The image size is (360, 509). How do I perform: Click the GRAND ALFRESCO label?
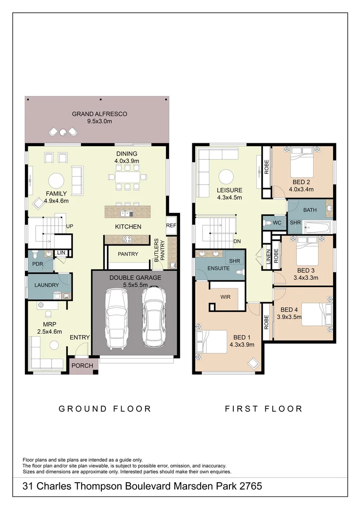[99, 114]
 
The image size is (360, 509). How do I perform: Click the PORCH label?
[82, 366]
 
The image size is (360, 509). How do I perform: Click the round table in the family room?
[57, 181]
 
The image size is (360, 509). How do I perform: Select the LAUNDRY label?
[47, 285]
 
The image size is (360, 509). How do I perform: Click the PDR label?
[38, 264]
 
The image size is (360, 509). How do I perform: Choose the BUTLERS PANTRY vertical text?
[160, 250]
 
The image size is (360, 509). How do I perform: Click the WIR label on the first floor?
[225, 297]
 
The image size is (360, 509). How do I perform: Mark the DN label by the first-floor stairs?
[237, 241]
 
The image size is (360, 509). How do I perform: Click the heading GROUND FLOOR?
[105, 409]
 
